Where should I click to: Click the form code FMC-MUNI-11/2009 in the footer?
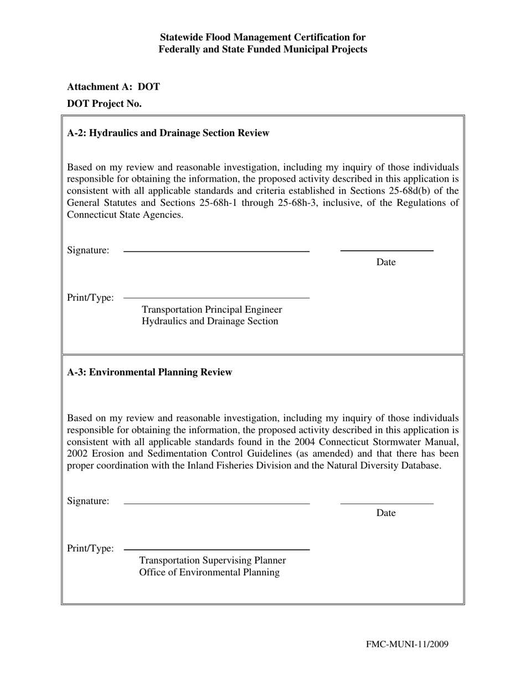407,644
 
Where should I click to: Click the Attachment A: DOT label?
114,87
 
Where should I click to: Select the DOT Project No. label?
104,104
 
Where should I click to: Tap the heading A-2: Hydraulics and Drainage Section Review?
168,133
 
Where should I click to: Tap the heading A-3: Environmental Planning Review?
149,372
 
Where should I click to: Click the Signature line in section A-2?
216,251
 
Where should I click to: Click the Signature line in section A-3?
216,503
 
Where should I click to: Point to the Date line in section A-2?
386,251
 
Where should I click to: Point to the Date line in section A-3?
386,503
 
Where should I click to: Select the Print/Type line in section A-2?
216,298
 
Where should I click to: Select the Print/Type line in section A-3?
216,549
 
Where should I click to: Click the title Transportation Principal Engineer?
212,309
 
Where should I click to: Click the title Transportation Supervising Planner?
213,560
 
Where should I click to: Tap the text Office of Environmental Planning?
209,572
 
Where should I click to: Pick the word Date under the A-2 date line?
386,262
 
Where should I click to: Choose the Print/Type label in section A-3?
90,549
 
